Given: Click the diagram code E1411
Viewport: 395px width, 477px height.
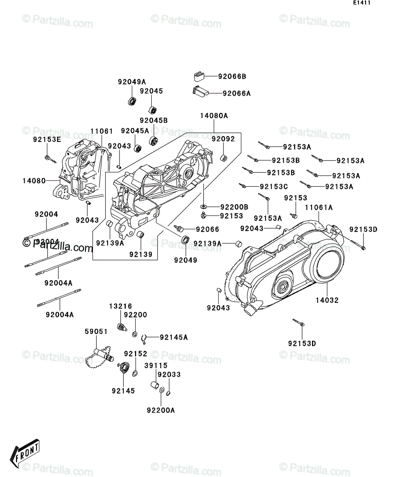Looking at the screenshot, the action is point(362,3).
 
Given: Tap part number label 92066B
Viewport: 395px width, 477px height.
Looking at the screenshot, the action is point(232,77).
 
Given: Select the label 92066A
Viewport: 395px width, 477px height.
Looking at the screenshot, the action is point(237,93).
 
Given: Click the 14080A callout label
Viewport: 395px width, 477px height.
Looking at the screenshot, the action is point(214,116).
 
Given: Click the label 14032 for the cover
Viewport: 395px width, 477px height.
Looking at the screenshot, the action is point(327,301).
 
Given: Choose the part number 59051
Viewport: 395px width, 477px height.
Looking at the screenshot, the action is point(96,332).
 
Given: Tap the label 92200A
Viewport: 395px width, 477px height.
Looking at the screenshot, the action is point(161,411).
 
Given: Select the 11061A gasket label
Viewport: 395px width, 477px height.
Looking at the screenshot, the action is point(319,207).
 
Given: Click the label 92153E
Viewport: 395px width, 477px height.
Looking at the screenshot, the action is point(47,140).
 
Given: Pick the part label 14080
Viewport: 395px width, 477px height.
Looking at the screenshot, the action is point(34,181).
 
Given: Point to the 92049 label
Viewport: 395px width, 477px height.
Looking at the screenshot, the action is point(185,260).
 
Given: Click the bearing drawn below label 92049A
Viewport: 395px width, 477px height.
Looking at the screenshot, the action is point(132,101).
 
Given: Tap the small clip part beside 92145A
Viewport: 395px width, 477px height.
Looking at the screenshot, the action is point(144,339).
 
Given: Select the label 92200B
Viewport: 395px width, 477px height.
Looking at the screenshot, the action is point(234,207).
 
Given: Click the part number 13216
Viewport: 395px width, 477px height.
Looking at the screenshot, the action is point(121,306).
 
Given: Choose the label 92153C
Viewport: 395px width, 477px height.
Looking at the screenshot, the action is point(274,187).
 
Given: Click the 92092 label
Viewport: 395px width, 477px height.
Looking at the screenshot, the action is point(223,139).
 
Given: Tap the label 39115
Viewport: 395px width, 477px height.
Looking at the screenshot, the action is point(156,366).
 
